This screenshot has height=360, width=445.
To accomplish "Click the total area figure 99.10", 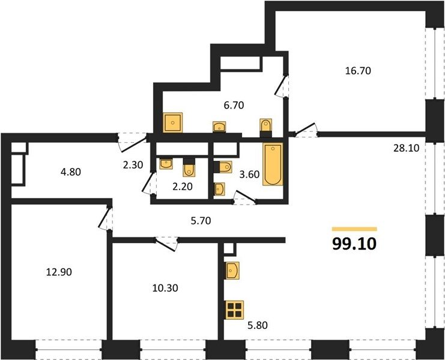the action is [x=354, y=244].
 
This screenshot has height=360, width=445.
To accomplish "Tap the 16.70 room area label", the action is [x=358, y=71].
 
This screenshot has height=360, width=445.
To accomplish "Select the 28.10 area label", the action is [x=406, y=148].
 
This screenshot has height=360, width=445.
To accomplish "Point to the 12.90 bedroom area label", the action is [x=59, y=272].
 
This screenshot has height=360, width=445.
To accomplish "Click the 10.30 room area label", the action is [x=165, y=288].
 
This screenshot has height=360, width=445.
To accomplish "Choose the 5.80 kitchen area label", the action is [x=258, y=325].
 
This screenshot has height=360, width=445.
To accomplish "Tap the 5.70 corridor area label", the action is [x=201, y=221].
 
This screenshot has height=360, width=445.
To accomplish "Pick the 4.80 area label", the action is [x=71, y=172].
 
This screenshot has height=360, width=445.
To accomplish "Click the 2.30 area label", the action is [x=133, y=164].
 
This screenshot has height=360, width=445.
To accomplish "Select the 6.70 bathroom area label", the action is [x=234, y=106].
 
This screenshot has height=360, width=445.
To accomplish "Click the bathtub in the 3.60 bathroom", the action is [x=273, y=164].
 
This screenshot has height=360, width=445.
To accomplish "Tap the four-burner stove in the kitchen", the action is [x=234, y=310].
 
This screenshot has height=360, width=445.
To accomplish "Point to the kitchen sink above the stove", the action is [x=232, y=271].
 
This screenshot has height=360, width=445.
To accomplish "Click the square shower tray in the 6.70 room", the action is [x=173, y=122].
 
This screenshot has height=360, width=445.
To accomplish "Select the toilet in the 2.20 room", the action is [x=189, y=167].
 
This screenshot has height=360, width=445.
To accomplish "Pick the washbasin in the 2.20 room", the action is [x=166, y=164].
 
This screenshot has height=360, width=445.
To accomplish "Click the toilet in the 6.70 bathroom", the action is [x=266, y=127].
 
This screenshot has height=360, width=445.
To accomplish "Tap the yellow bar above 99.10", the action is [x=354, y=229].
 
